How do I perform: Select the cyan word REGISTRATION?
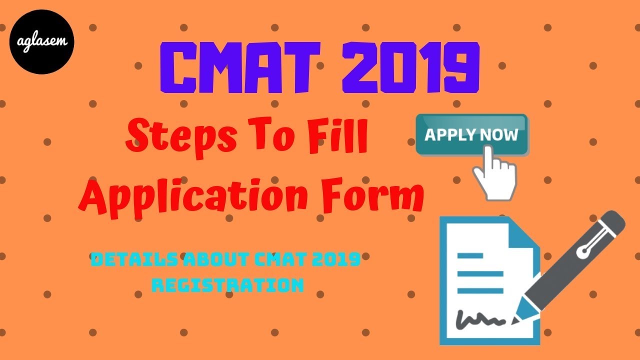[228, 285]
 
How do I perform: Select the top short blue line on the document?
[470, 255]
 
